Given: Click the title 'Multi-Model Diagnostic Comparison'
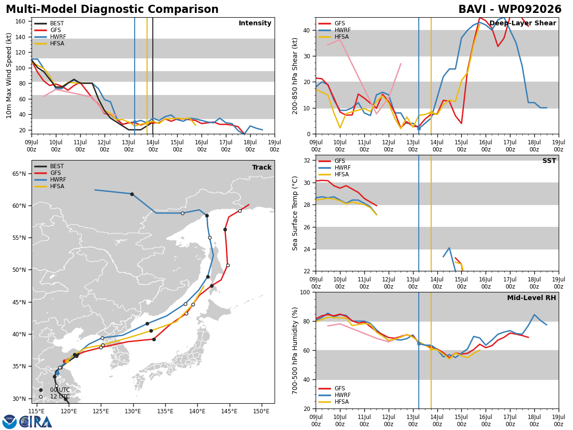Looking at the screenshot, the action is coord(112,9).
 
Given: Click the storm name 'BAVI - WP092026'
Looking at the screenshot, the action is coord(510,9).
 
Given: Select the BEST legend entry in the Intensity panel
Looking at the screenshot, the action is coord(49,23).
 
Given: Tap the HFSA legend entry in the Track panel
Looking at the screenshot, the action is coord(49,186).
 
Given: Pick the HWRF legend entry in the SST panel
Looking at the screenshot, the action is coord(335,168).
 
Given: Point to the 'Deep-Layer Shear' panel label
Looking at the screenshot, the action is coord(522,23).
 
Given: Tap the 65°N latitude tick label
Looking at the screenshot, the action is coord(19,174).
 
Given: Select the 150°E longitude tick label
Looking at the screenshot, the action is coord(262,411).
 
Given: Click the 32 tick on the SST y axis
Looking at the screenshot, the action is coord(307,161).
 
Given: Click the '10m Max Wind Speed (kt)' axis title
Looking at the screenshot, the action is coord(9,75).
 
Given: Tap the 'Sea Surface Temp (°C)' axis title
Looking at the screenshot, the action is coord(295,213).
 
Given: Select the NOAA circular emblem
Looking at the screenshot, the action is coord(10,422).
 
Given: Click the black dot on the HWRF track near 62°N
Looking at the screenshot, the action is coord(132,194).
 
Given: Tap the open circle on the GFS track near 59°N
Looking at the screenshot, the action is coord(240,211).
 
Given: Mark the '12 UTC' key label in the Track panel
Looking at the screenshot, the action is coord(60,397).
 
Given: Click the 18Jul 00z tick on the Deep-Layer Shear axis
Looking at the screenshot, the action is coord(534,146).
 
